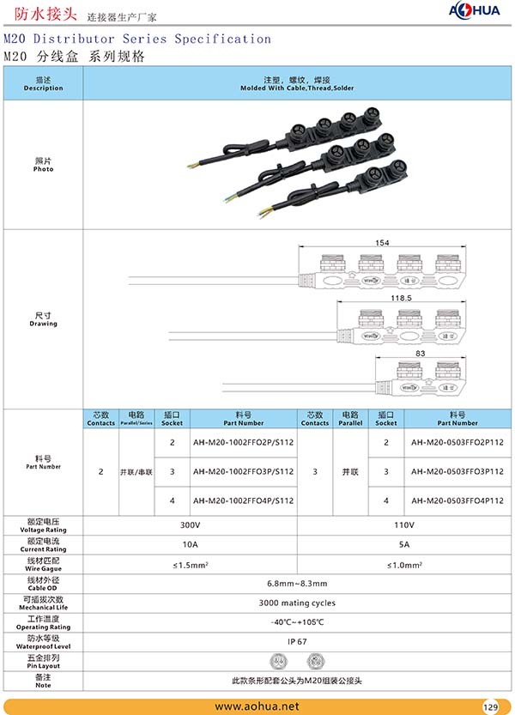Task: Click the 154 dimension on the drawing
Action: pyautogui.click(x=382, y=243)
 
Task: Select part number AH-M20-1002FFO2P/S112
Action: pyautogui.click(x=243, y=442)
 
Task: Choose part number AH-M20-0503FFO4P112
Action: pyautogui.click(x=457, y=500)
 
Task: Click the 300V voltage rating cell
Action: pyautogui.click(x=190, y=524)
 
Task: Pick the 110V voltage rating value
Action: pyautogui.click(x=404, y=524)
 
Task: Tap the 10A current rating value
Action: pyautogui.click(x=190, y=544)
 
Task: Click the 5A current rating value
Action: pyautogui.click(x=404, y=544)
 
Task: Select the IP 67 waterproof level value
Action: pyautogui.click(x=297, y=641)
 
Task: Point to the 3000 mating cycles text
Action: pyautogui.click(x=297, y=603)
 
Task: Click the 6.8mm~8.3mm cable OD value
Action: pyautogui.click(x=297, y=583)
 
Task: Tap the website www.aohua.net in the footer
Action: pyautogui.click(x=257, y=706)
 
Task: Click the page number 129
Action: pyautogui.click(x=490, y=707)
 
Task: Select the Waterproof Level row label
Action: pyautogui.click(x=43, y=641)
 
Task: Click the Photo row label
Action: pyautogui.click(x=43, y=165)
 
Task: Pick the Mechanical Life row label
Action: pyautogui.click(x=43, y=603)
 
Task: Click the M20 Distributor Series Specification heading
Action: pyautogui.click(x=137, y=39)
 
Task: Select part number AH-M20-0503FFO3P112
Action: pyautogui.click(x=457, y=471)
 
